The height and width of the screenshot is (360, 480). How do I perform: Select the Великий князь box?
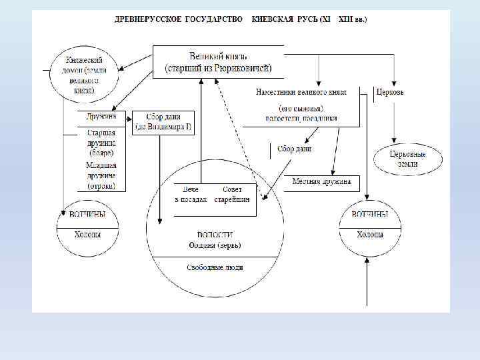tap(218, 61)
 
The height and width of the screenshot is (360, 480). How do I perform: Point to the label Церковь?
tap(390, 92)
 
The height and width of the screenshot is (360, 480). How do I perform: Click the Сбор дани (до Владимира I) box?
tap(163, 122)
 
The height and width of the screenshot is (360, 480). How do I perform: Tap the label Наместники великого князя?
tap(301, 92)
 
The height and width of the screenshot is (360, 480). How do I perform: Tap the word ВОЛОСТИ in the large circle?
tap(215, 235)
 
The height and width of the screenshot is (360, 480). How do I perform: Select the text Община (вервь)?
tap(215, 245)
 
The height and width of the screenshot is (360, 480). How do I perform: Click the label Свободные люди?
tap(215, 267)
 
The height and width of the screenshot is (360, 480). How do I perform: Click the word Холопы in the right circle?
tap(370, 235)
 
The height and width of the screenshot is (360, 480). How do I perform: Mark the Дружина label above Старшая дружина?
tap(101, 117)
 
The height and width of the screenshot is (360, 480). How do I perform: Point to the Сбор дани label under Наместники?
tap(295, 149)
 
